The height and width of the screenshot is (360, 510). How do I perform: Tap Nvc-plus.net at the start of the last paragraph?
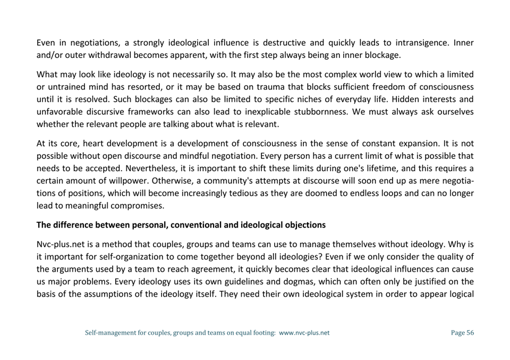pos(59,245)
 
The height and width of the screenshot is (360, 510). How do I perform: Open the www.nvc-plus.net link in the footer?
pos(304,333)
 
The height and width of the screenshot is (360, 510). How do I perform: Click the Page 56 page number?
pos(462,333)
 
